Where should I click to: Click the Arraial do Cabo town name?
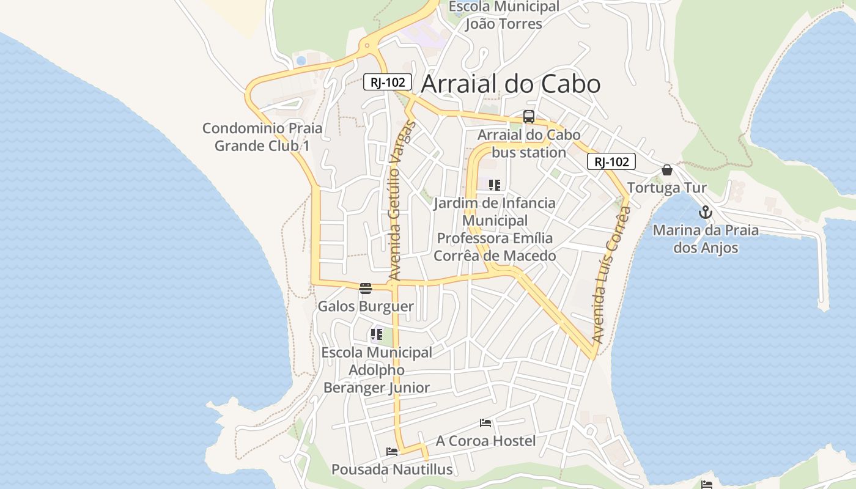click(x=511, y=84)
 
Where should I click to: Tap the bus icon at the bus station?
click(x=529, y=117)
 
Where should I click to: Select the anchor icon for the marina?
click(x=706, y=212)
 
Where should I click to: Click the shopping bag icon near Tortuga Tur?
click(x=667, y=170)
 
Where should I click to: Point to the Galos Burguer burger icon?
click(x=366, y=289)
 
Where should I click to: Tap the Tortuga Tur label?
click(x=667, y=188)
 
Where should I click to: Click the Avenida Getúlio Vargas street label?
click(x=402, y=202)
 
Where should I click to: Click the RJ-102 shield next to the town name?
click(x=388, y=82)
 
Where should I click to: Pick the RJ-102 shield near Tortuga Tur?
click(x=611, y=161)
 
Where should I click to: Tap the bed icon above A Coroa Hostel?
click(x=485, y=423)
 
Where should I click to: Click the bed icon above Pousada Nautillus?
click(x=392, y=452)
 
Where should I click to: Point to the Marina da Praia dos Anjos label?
click(x=706, y=239)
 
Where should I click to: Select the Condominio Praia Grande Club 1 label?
click(x=262, y=137)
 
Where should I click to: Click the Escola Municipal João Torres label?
click(x=504, y=15)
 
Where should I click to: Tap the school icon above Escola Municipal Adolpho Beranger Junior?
click(x=376, y=334)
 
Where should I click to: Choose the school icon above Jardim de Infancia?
click(x=495, y=185)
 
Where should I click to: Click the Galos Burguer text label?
click(x=366, y=306)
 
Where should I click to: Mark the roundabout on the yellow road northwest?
click(x=367, y=44)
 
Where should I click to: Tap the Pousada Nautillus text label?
click(x=392, y=469)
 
